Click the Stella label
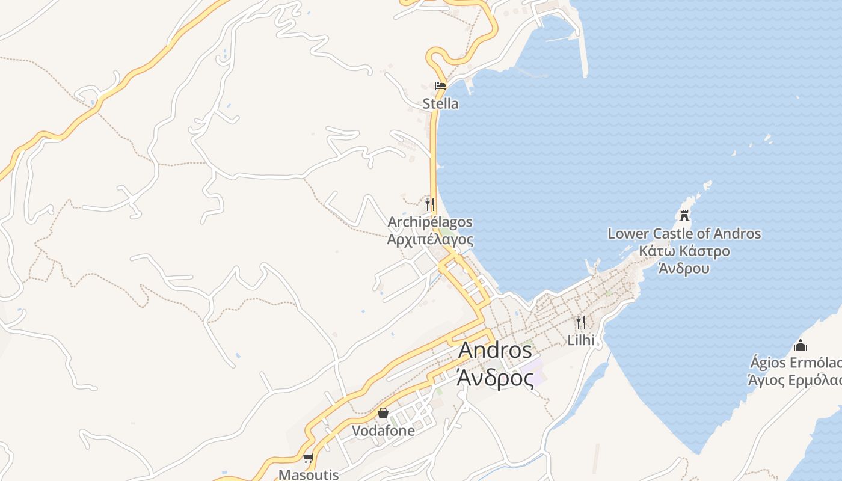click(x=440, y=103)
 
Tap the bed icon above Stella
click(x=440, y=86)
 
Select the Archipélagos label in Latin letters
click(x=429, y=222)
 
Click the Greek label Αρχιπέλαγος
click(x=429, y=239)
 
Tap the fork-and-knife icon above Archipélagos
click(x=429, y=204)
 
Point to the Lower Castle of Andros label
click(x=684, y=233)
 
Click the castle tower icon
click(x=684, y=215)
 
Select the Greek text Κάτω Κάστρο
click(x=684, y=251)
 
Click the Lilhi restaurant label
click(x=581, y=340)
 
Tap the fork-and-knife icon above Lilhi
click(x=580, y=322)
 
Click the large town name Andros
click(x=495, y=351)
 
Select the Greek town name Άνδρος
click(x=495, y=378)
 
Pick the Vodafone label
click(x=383, y=430)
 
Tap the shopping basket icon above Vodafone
click(x=383, y=413)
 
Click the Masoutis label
click(x=309, y=474)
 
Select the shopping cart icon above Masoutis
click(x=309, y=458)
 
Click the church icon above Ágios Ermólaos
click(x=800, y=345)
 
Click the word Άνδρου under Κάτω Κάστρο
click(x=684, y=268)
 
